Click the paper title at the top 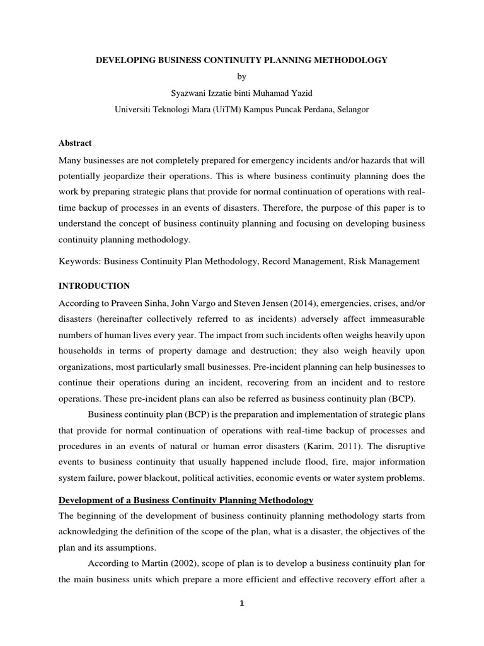click(241, 60)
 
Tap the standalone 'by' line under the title click(241, 76)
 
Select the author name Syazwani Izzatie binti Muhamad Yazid click(241, 93)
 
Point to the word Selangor click(350, 109)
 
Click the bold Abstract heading click(75, 143)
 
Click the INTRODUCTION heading click(94, 286)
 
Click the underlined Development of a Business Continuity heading click(186, 500)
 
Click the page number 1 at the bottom click(241, 604)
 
